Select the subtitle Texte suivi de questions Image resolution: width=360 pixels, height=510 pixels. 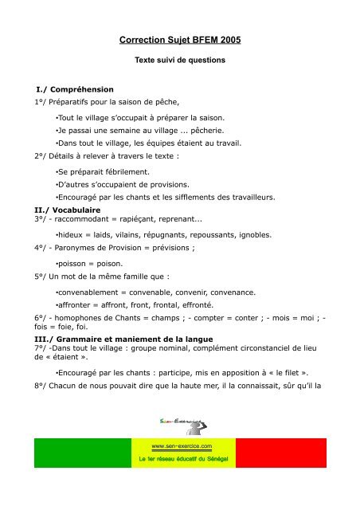tap(179, 60)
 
